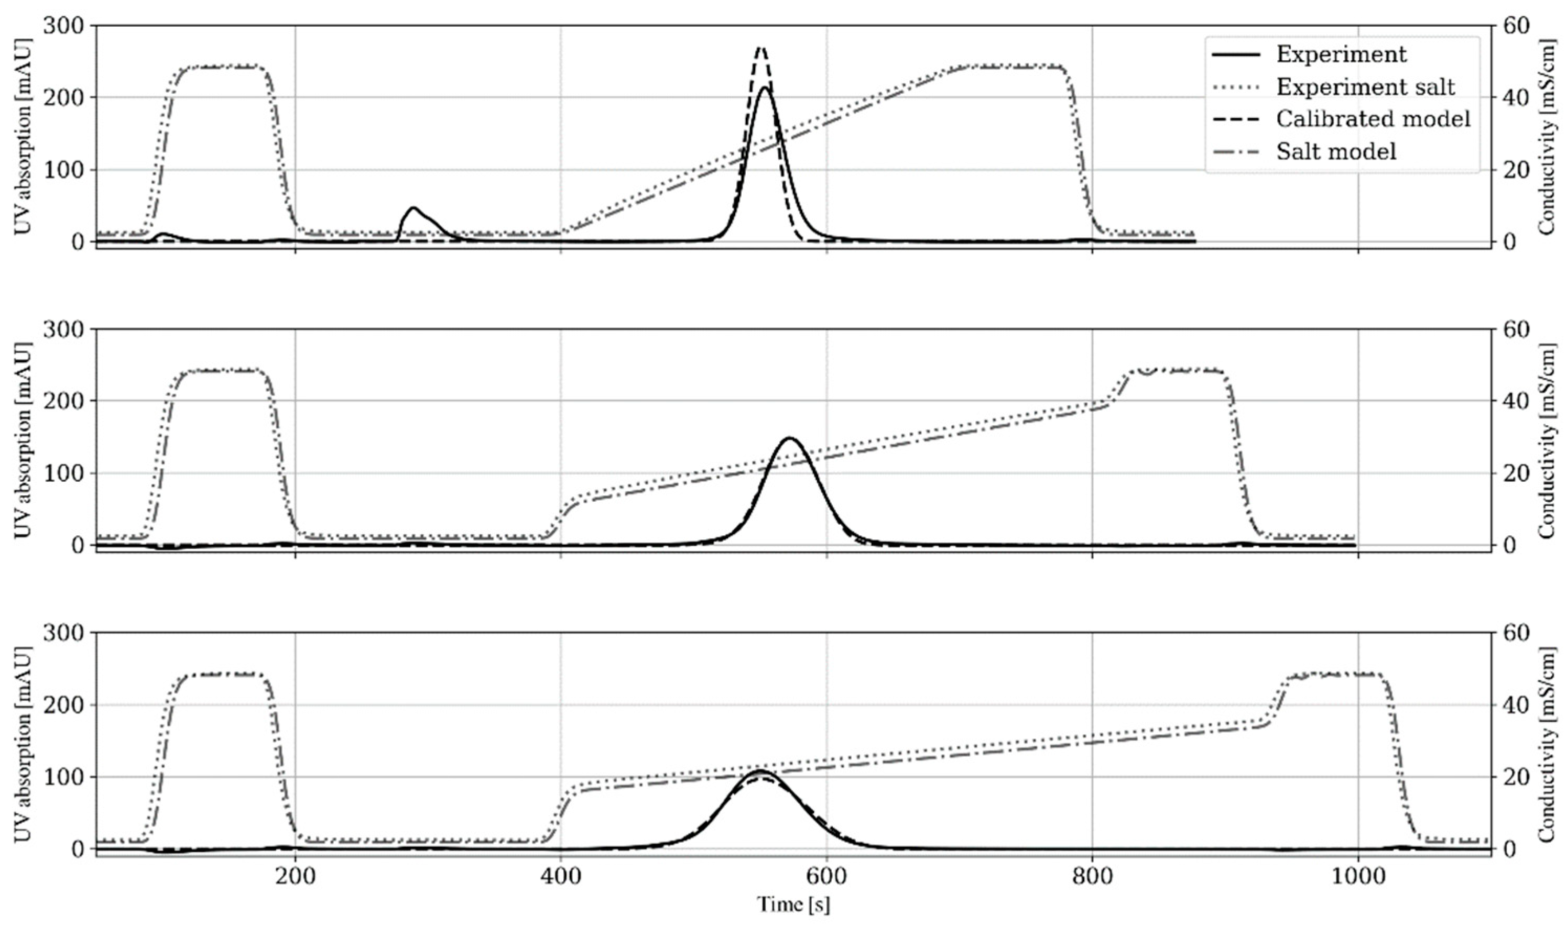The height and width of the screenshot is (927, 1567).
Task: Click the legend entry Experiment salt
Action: click(x=1366, y=87)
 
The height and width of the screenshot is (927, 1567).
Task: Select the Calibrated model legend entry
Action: click(x=1373, y=119)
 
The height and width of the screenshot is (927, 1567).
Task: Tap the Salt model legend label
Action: click(x=1336, y=151)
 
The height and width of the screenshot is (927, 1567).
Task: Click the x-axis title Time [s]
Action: click(x=794, y=904)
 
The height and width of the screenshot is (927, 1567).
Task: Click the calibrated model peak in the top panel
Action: click(x=760, y=48)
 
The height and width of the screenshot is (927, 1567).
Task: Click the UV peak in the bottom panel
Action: click(x=760, y=771)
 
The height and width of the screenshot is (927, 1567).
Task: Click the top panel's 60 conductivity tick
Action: click(x=1515, y=26)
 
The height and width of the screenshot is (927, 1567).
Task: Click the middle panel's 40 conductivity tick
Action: click(x=1515, y=401)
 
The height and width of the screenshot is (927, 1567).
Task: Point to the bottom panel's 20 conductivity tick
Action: click(x=1515, y=777)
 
